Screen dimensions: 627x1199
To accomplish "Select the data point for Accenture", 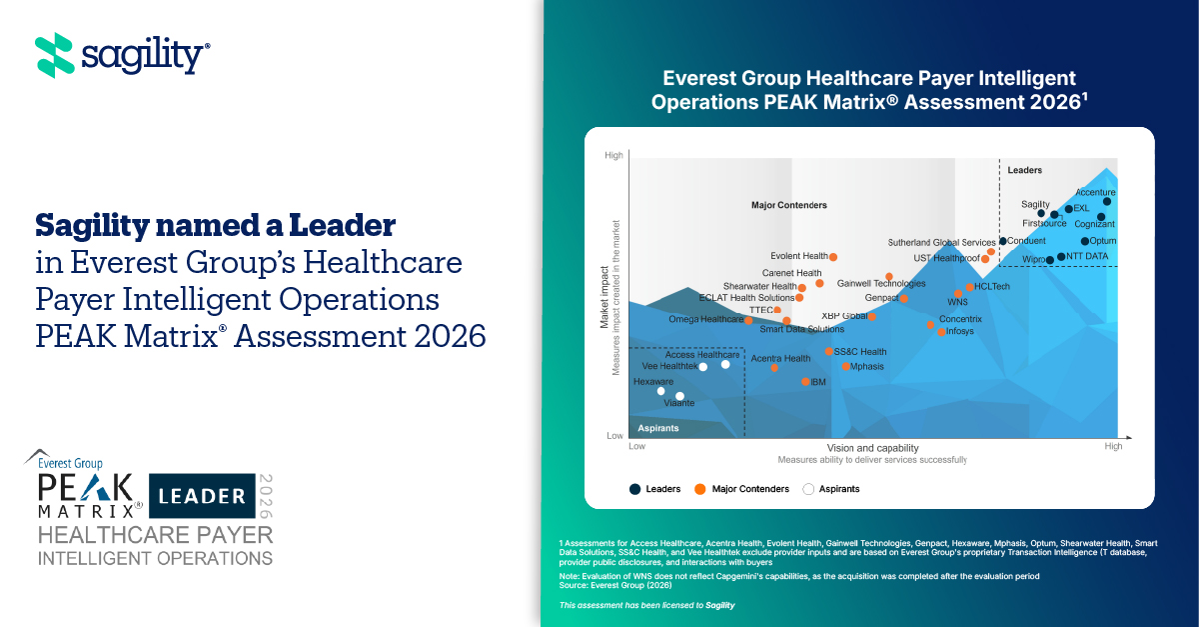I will [x=1107, y=201].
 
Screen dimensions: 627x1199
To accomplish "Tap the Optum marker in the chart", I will [x=1085, y=241].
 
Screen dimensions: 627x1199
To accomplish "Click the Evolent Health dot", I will [x=833, y=257].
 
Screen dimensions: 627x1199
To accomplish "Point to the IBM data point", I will [x=806, y=382].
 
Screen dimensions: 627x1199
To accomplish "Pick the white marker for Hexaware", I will [x=660, y=391].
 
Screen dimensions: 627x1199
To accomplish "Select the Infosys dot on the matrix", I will [x=941, y=331].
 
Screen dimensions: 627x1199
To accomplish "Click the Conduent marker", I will [x=1003, y=241].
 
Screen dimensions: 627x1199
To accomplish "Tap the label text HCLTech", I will [x=992, y=287].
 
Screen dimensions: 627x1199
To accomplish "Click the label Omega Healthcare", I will [x=705, y=319].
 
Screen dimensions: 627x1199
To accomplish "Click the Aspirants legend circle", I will [x=809, y=489].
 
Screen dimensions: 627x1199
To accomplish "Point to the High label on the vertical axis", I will [x=613, y=155].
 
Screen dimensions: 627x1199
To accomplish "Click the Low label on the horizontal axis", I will [x=636, y=447].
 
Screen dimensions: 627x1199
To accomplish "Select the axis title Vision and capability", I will [x=872, y=448].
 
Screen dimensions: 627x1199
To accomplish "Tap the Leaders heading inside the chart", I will [x=1024, y=171].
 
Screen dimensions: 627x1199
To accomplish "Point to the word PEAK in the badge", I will [x=86, y=488].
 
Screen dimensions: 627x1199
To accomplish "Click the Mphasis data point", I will [x=846, y=366].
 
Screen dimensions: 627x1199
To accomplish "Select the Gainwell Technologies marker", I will [x=889, y=277].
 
